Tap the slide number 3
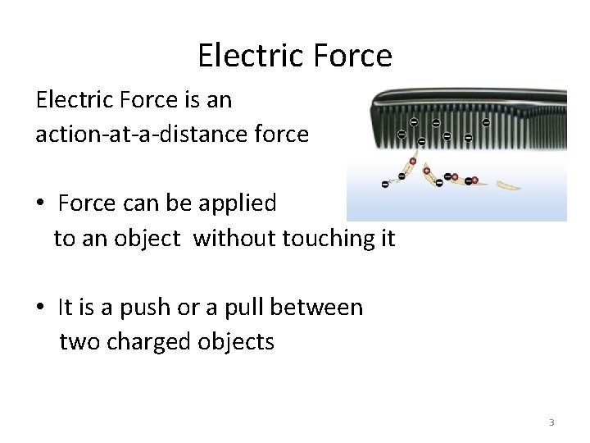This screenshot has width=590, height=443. click(551, 422)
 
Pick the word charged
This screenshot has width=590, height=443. click(150, 341)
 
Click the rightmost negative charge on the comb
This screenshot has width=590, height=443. click(487, 124)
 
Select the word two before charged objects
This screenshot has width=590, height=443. click(79, 341)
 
